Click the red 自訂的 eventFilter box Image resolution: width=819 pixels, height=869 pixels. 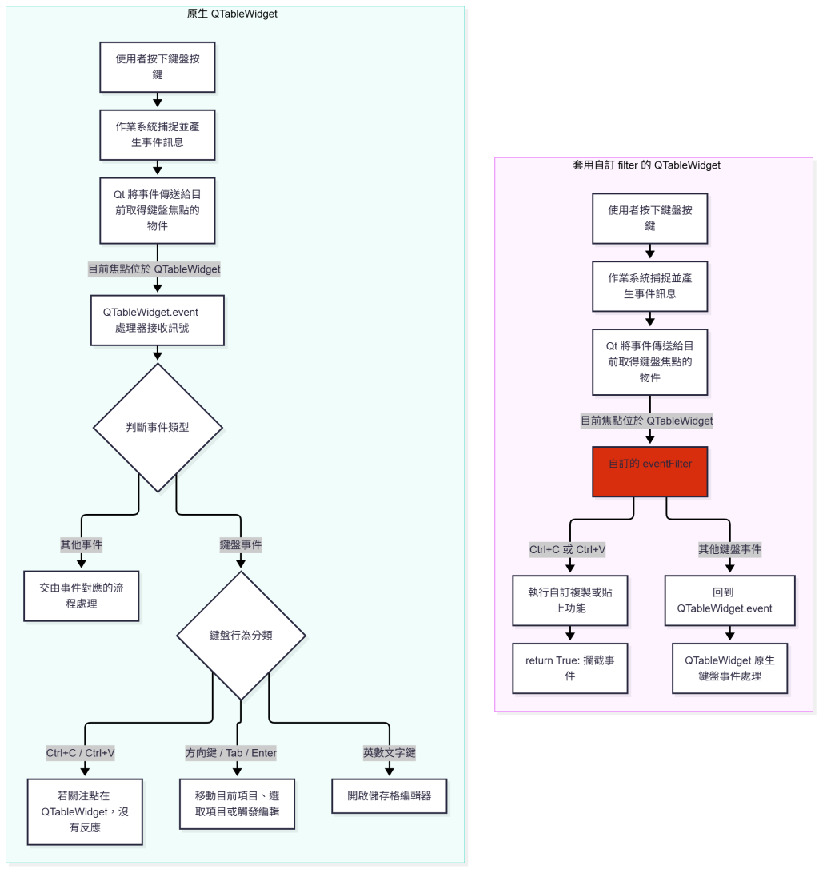(650, 472)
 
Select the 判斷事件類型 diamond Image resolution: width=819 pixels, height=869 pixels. (158, 427)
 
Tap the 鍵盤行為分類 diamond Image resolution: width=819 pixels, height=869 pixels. (241, 635)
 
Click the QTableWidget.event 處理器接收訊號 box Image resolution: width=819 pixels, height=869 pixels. (158, 321)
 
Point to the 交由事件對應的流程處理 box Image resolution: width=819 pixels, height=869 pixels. (82, 596)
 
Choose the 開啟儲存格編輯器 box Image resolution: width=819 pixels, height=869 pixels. (390, 795)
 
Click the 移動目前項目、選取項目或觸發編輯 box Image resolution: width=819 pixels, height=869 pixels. (237, 803)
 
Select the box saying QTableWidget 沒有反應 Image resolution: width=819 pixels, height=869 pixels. (85, 811)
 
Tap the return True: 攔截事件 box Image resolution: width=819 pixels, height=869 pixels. (570, 668)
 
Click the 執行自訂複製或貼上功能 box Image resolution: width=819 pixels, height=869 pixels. (570, 600)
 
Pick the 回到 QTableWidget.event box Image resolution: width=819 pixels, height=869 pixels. (729, 600)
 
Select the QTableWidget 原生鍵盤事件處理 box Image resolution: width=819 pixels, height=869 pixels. (729, 668)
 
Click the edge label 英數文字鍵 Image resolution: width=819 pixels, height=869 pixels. (390, 752)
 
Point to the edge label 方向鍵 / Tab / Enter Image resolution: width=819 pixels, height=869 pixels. (230, 752)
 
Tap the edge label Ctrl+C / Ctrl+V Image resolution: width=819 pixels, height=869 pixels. (81, 752)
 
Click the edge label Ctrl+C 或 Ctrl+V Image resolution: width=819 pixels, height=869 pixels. (567, 549)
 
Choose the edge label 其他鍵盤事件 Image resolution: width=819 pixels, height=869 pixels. (729, 549)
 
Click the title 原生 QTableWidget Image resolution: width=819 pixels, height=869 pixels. (232, 14)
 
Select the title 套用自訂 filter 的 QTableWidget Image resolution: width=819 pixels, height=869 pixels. (646, 165)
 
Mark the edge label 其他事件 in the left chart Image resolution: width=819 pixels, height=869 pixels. (82, 544)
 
